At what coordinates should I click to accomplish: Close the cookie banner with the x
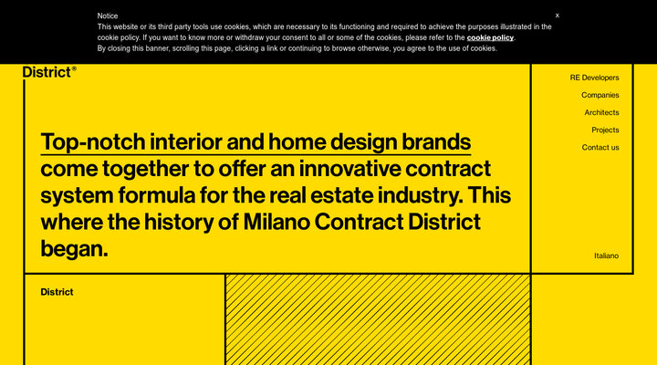(558, 16)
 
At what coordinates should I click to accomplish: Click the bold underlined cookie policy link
(490, 37)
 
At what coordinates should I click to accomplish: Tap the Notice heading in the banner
(108, 16)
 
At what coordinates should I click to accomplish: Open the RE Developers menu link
(594, 78)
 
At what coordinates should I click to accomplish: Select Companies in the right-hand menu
(600, 95)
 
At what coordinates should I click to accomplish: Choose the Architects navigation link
(601, 112)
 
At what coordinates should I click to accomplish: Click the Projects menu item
(605, 130)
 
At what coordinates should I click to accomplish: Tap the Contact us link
(600, 147)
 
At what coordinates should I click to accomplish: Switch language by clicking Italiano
(606, 255)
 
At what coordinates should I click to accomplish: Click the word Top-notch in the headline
(91, 142)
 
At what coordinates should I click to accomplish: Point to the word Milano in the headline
(279, 222)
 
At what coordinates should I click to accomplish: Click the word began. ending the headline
(74, 248)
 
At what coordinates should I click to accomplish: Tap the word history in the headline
(167, 222)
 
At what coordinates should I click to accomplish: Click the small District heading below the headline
(57, 292)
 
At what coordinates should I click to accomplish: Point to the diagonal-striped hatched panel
(378, 319)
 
